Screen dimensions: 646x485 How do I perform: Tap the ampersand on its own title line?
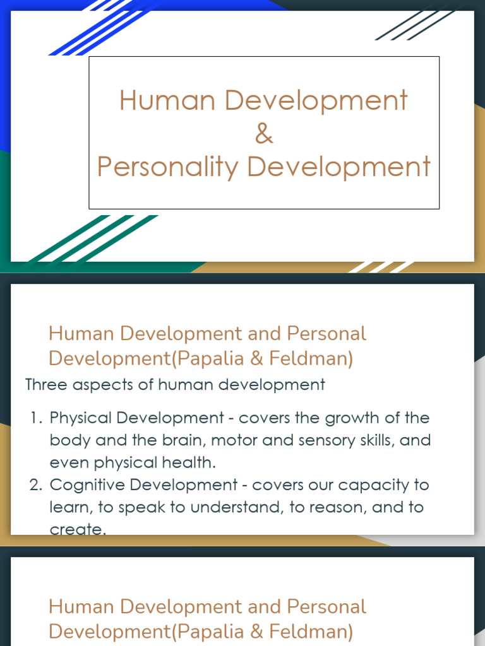click(264, 134)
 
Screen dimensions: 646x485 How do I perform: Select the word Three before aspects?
click(46, 384)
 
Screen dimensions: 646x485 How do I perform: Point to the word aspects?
click(102, 385)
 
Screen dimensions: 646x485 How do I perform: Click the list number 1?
click(35, 418)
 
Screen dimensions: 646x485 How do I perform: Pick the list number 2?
click(35, 485)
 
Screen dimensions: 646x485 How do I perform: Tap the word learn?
click(68, 508)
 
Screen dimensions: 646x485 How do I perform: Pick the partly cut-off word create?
click(77, 529)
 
